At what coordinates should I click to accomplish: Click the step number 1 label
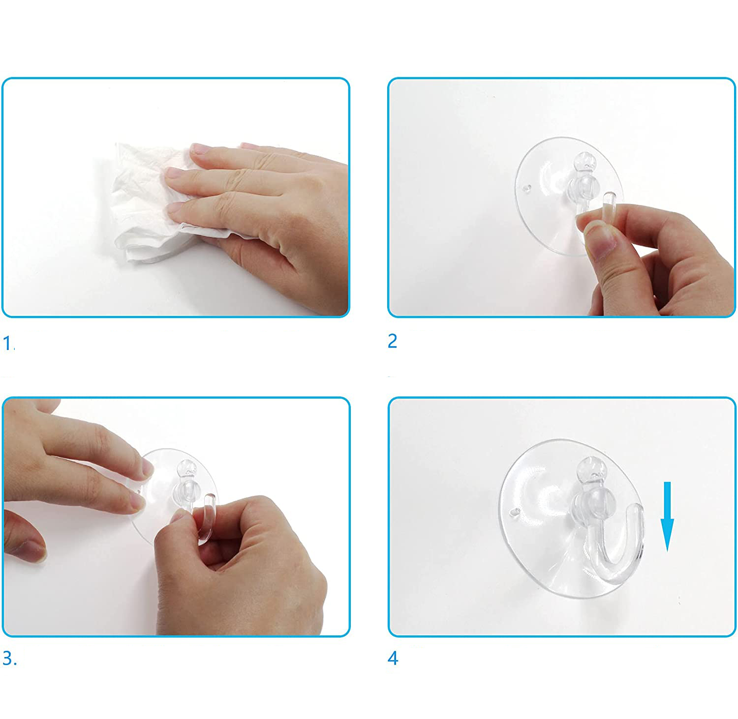click(9, 343)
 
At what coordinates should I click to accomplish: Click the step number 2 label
click(392, 341)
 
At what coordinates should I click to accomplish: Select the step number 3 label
click(9, 659)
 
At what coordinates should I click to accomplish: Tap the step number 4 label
click(393, 659)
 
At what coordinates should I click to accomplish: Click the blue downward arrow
click(667, 516)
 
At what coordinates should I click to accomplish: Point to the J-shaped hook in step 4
click(615, 546)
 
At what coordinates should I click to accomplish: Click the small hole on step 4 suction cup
click(516, 512)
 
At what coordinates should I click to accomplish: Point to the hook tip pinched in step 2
click(610, 201)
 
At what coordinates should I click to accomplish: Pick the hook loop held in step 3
click(207, 516)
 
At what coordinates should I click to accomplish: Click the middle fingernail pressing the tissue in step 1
click(174, 173)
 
